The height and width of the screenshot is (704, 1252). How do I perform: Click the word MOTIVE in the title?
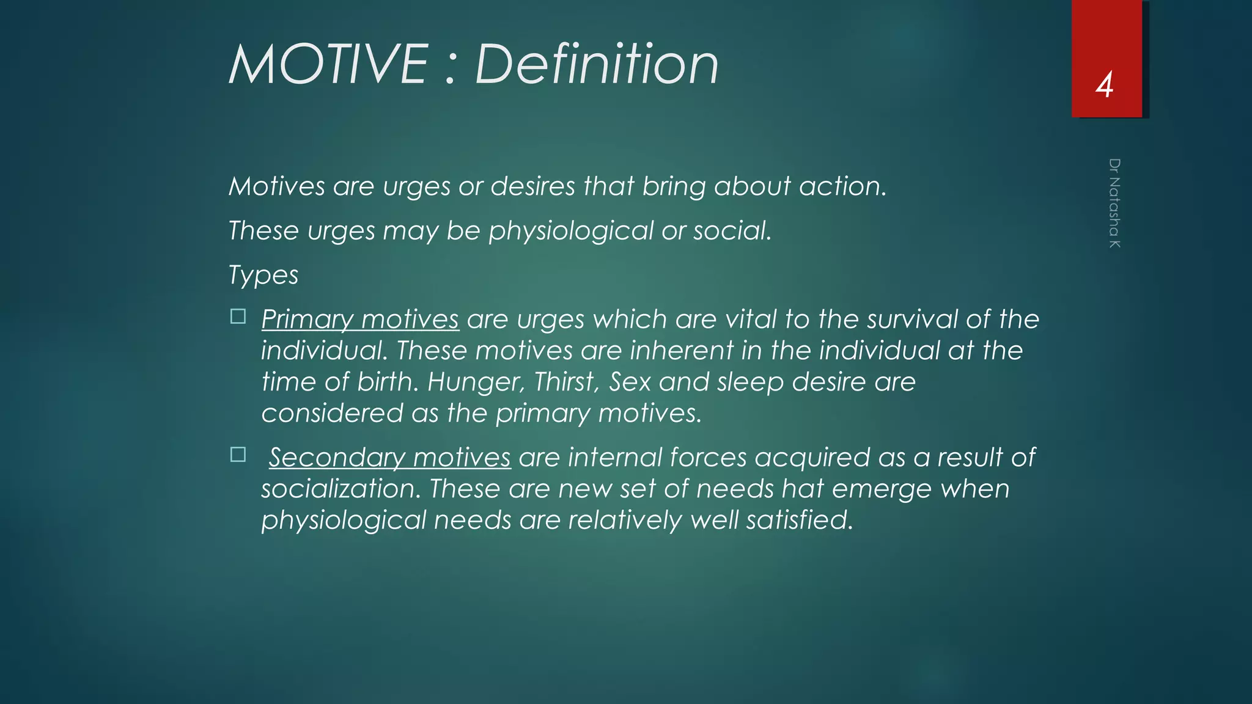point(328,65)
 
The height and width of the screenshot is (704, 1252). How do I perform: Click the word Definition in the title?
point(597,65)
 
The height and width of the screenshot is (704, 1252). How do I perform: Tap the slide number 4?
point(1104,86)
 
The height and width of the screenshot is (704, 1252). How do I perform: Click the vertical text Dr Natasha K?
point(1114,203)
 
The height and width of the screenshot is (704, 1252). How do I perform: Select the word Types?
point(263,276)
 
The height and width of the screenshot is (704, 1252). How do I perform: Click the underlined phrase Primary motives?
point(360,320)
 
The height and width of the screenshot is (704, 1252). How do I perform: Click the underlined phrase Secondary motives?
point(389,458)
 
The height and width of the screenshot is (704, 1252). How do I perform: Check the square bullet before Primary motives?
point(238,317)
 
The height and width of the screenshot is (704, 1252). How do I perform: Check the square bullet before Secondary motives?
point(238,455)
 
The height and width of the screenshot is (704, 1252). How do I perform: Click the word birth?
point(388,383)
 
